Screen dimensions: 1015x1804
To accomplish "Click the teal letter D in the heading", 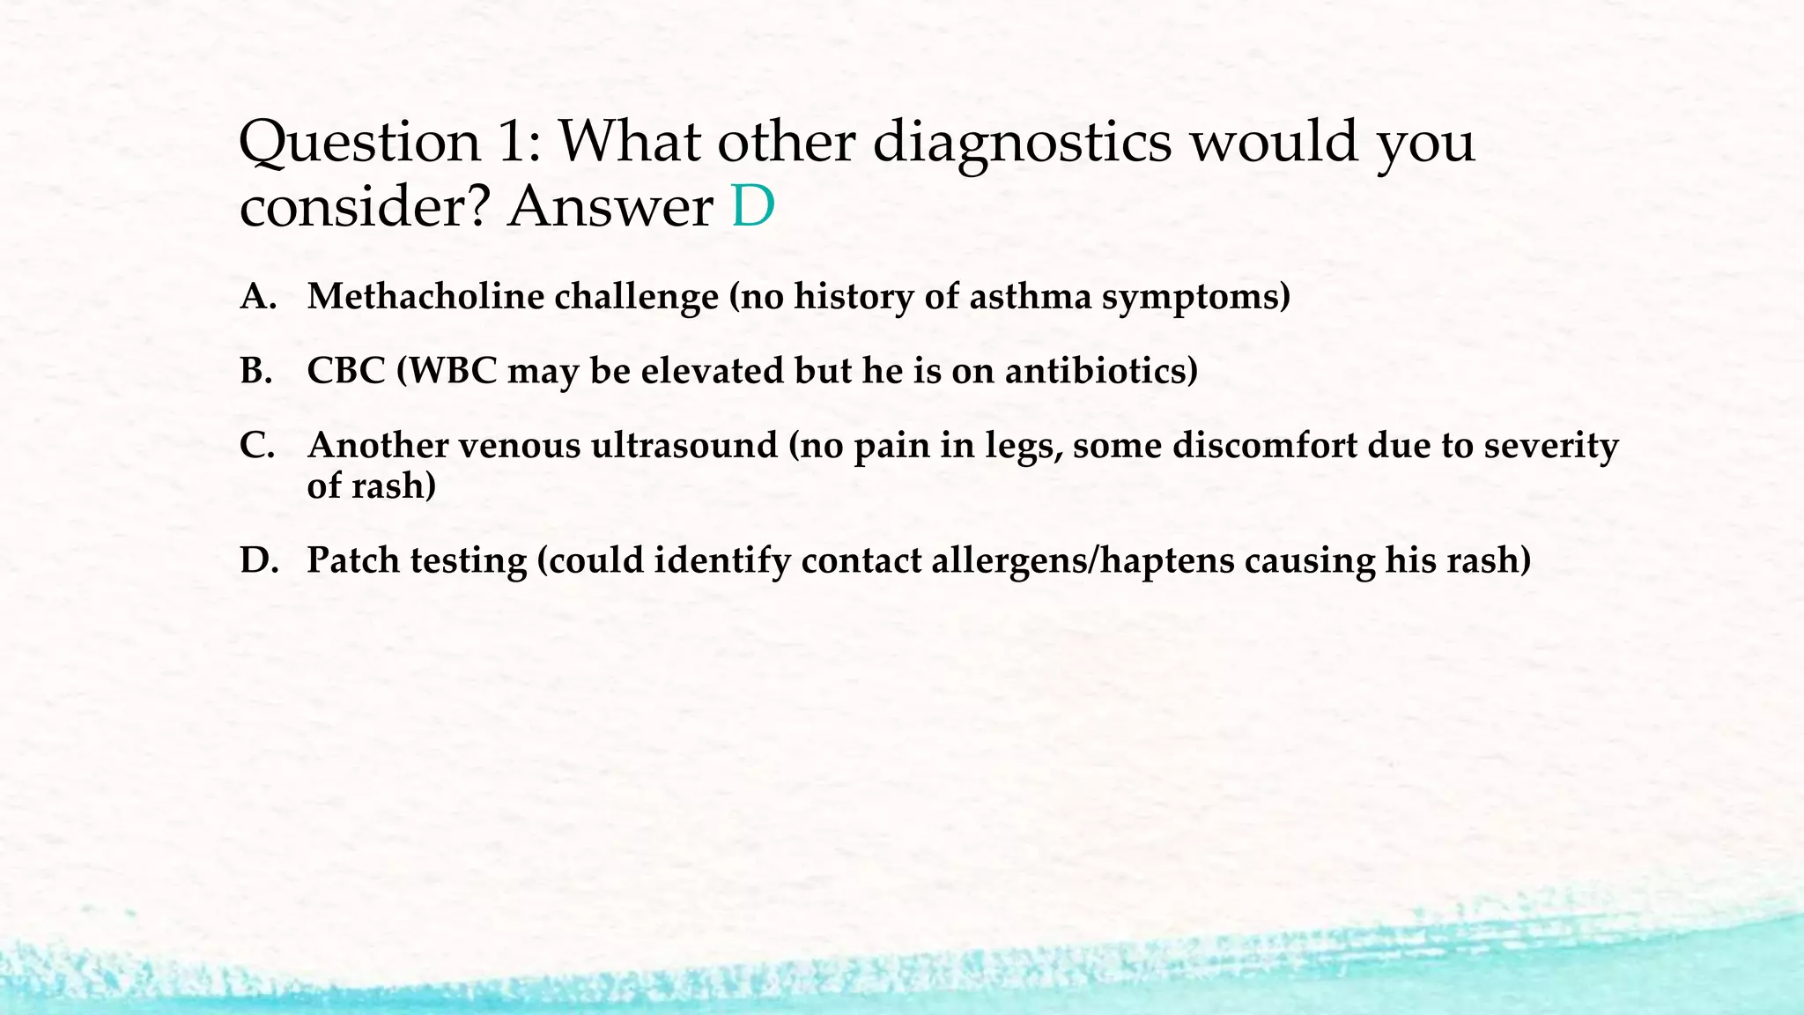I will pyautogui.click(x=753, y=207).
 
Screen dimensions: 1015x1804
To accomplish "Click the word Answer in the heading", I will pyautogui.click(x=610, y=207).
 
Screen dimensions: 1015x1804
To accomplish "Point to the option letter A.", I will pyautogui.click(x=256, y=297).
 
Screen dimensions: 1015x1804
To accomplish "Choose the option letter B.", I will pyautogui.click(x=255, y=371).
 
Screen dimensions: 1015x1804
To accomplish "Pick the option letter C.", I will pyautogui.click(x=256, y=446).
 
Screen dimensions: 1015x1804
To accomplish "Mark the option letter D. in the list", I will pyautogui.click(x=258, y=560).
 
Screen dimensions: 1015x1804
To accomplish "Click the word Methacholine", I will pyautogui.click(x=425, y=297).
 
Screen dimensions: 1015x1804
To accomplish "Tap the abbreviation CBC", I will pyautogui.click(x=346, y=371).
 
